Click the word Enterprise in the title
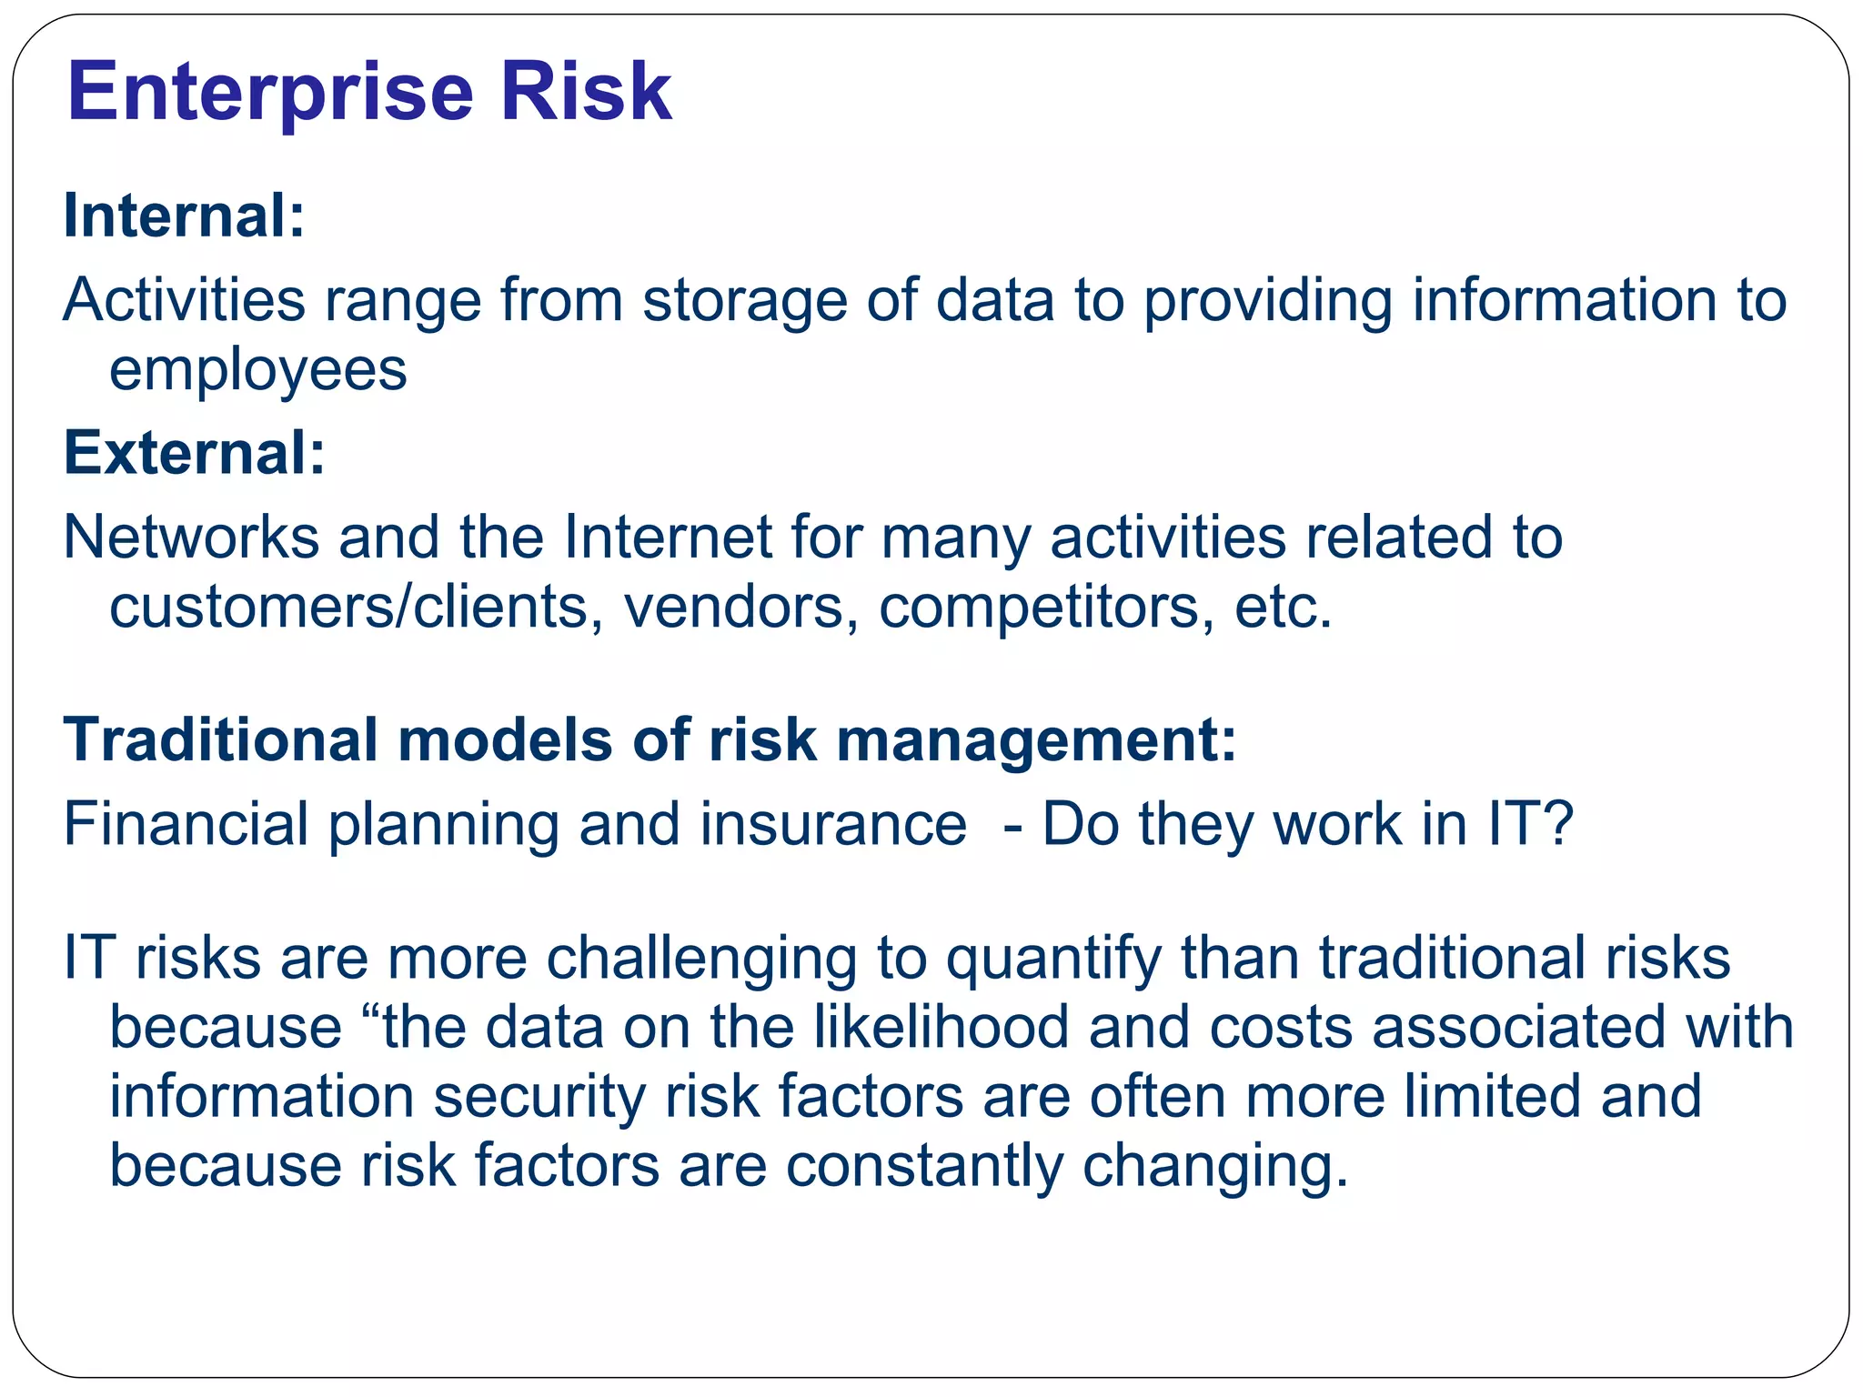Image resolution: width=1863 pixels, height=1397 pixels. (270, 93)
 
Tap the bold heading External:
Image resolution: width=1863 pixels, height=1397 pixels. (194, 453)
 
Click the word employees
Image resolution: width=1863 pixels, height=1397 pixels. (257, 371)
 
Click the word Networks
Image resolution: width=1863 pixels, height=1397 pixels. (191, 537)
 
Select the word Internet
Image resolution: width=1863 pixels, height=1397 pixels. (668, 537)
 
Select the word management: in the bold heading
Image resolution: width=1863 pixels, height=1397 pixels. (1036, 741)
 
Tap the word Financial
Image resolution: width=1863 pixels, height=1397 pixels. (186, 825)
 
